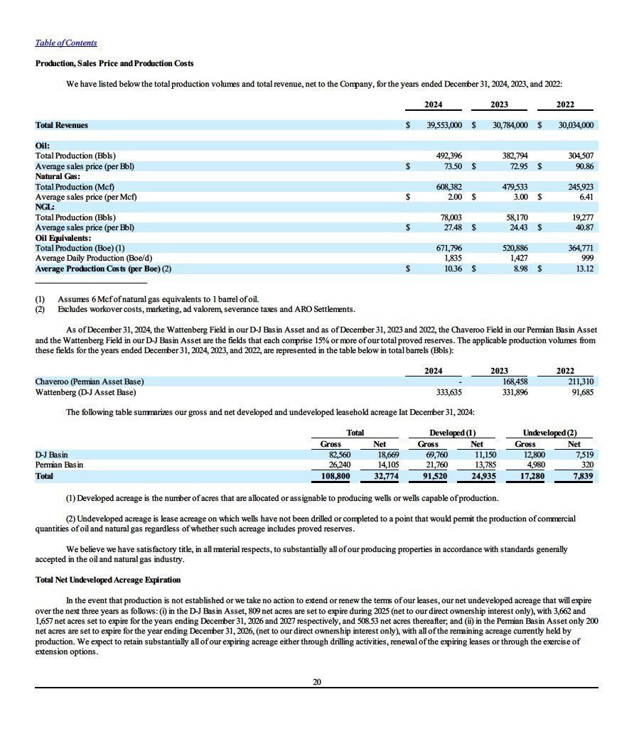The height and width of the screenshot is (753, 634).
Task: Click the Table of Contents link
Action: click(66, 43)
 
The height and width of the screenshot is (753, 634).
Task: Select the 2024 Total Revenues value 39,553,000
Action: click(444, 125)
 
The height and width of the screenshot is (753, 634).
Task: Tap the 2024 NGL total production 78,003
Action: click(448, 217)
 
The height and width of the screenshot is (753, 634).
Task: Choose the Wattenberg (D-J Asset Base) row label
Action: click(85, 392)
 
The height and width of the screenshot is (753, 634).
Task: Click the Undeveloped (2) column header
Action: click(550, 433)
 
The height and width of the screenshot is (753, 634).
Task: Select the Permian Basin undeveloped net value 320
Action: click(587, 465)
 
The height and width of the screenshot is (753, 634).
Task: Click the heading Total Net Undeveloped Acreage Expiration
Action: click(108, 580)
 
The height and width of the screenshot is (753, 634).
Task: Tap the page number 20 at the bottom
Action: click(317, 682)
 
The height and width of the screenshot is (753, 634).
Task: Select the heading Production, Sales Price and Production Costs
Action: click(114, 64)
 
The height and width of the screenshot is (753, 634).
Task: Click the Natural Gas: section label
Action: click(58, 176)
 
